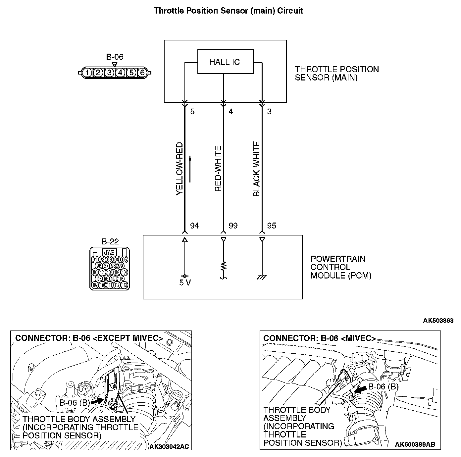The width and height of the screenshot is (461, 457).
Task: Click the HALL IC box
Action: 225,62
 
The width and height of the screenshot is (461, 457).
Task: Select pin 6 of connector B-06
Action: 142,72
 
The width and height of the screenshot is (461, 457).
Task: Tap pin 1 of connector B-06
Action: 86,72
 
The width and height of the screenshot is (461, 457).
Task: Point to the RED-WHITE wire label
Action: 218,169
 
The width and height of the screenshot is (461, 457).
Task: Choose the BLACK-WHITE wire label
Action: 256,169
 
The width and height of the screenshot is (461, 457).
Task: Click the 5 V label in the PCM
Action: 184,283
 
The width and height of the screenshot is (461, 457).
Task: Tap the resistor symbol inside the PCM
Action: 224,266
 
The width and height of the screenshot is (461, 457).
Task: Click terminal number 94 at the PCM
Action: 194,226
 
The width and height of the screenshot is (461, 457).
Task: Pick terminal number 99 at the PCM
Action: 233,226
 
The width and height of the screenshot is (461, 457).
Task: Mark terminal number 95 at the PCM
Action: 271,226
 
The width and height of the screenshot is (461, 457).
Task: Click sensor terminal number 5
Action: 192,112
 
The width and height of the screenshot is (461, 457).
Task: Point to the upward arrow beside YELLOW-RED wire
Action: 190,169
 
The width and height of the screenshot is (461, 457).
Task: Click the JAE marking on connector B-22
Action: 110,252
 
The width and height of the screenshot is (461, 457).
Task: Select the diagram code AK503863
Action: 438,321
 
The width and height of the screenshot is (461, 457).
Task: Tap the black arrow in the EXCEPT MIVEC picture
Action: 97,401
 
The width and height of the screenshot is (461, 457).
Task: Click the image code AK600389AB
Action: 415,444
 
